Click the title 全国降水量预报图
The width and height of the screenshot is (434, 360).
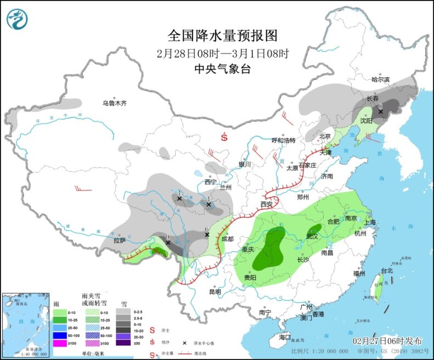point(222,36)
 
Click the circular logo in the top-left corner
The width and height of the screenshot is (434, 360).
point(17,19)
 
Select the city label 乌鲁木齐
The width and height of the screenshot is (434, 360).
point(114,103)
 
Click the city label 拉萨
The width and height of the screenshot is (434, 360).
point(120,240)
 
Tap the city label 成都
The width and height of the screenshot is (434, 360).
point(227,239)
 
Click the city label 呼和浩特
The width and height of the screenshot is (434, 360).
point(284,140)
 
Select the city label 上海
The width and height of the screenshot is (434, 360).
point(369,222)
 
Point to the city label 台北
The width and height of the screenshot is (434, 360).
point(387,271)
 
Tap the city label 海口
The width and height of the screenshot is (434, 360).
point(284,337)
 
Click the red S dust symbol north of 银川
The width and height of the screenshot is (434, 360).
point(224,138)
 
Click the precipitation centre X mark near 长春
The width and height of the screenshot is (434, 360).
point(380,111)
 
